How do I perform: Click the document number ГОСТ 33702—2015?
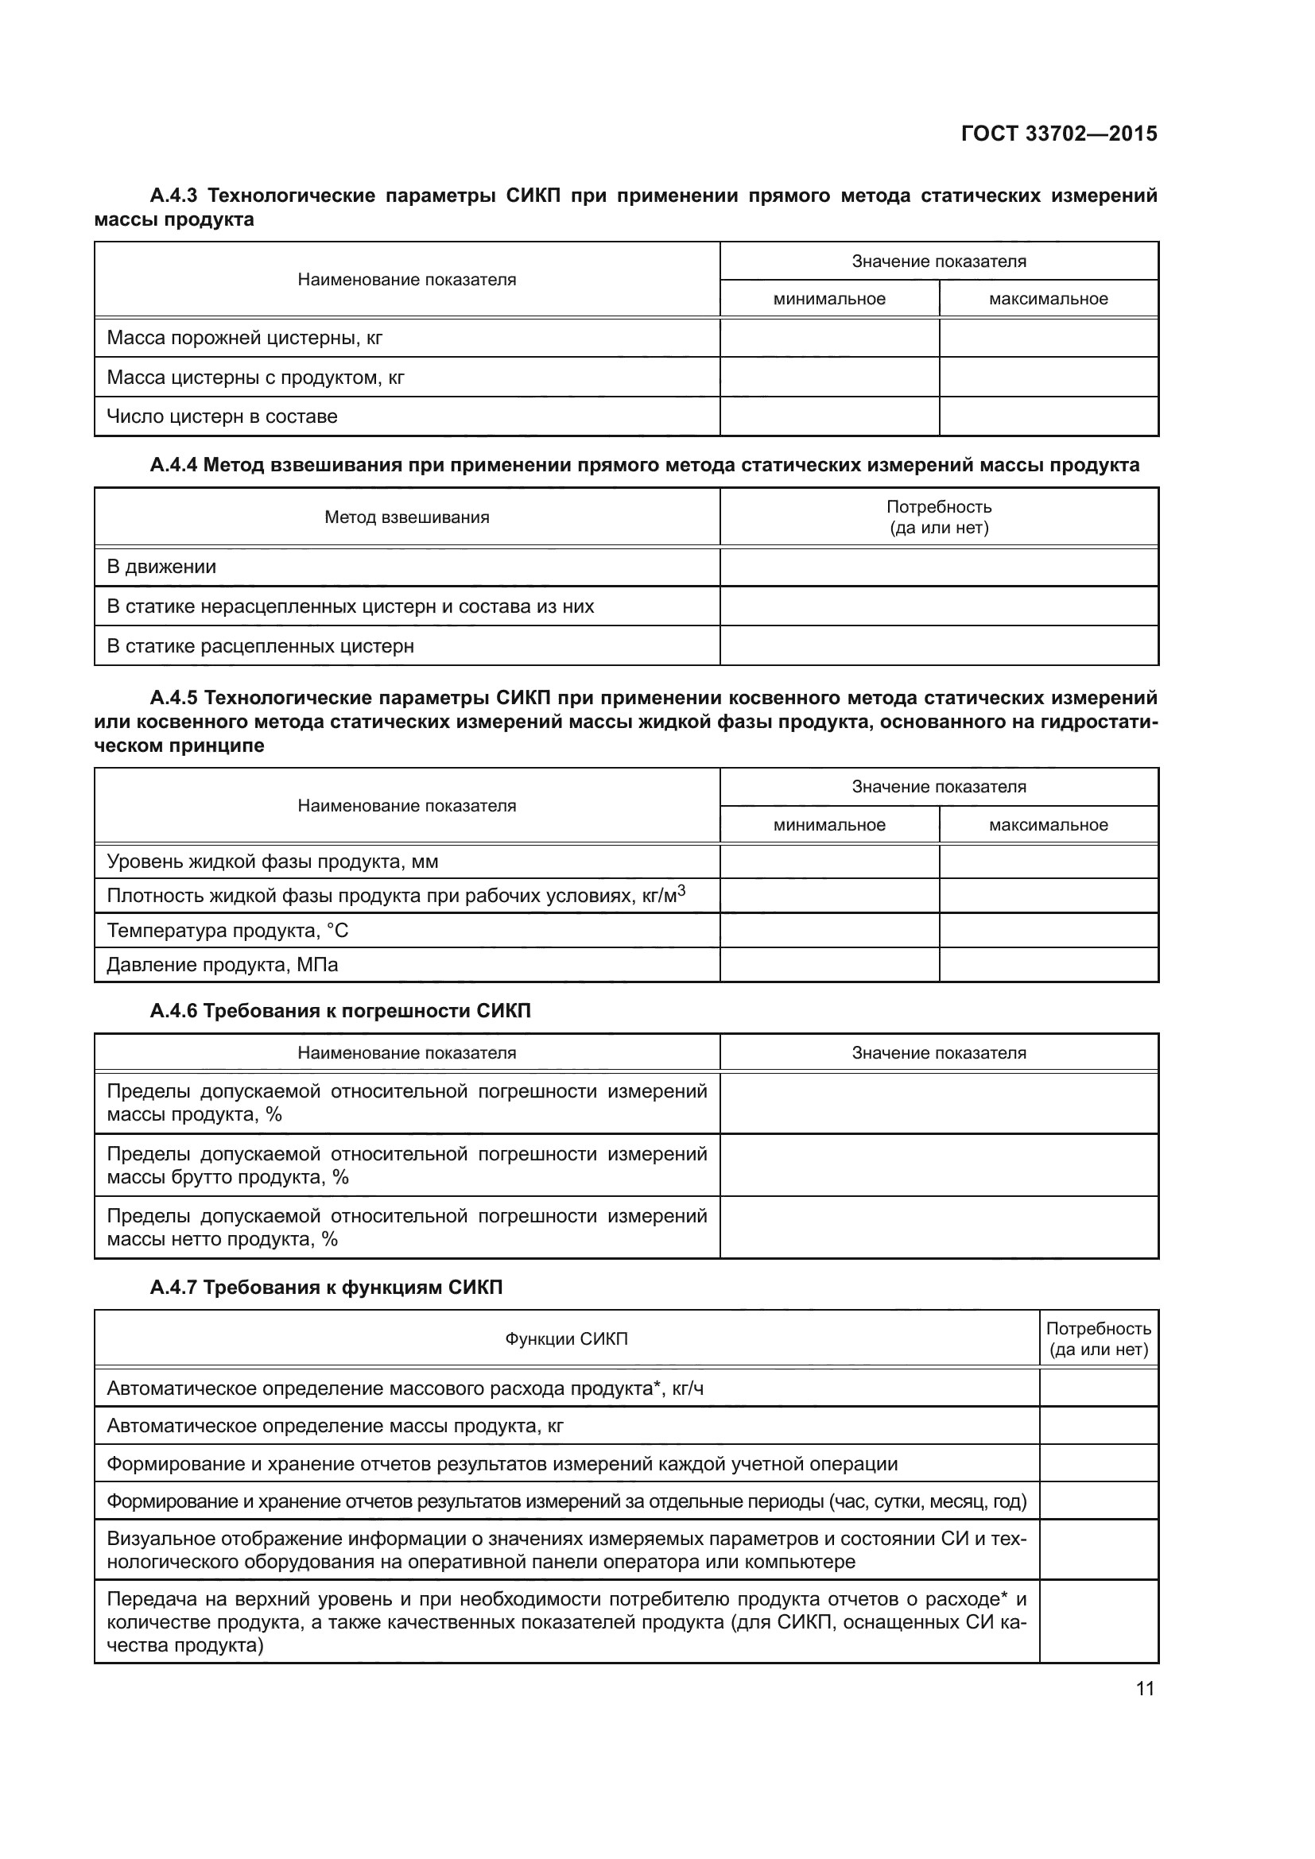[1058, 134]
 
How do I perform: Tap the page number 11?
[1144, 1689]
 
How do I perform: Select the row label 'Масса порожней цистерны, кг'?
[245, 338]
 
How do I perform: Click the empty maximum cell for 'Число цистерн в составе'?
[1048, 416]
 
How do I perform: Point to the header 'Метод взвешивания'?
[406, 517]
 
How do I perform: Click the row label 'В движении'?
[161, 567]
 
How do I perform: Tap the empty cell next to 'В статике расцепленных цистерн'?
[938, 646]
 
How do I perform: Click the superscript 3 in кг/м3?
[681, 891]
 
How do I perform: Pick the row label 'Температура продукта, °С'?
[227, 931]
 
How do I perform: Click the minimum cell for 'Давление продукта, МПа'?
[829, 964]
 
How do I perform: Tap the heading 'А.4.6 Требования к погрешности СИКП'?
[340, 1011]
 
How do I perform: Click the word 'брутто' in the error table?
[200, 1177]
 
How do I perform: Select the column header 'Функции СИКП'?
[566, 1339]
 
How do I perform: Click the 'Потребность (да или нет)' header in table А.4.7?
[1098, 1339]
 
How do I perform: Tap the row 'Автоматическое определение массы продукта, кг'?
[335, 1426]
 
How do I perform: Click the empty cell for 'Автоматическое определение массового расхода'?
[1098, 1388]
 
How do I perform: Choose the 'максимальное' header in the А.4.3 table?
[1048, 299]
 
